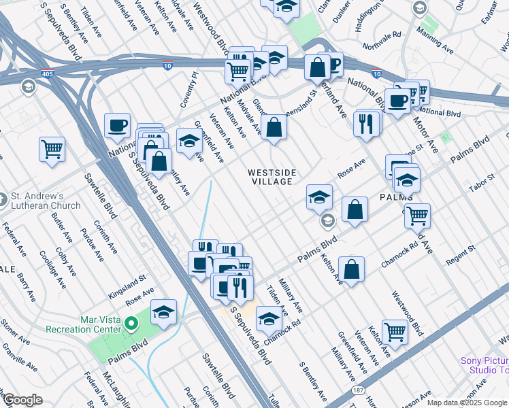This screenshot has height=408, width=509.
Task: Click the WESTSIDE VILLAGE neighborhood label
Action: [x=272, y=177]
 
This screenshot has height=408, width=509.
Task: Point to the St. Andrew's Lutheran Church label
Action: [x=46, y=201]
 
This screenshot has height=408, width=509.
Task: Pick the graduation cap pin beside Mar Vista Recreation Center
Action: [x=163, y=312]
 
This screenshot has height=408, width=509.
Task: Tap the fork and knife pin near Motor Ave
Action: [x=367, y=122]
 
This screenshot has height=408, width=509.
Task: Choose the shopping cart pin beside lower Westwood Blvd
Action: [x=395, y=332]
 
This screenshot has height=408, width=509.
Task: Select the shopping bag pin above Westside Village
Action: [x=273, y=128]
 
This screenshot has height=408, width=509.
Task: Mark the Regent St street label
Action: [x=460, y=256]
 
